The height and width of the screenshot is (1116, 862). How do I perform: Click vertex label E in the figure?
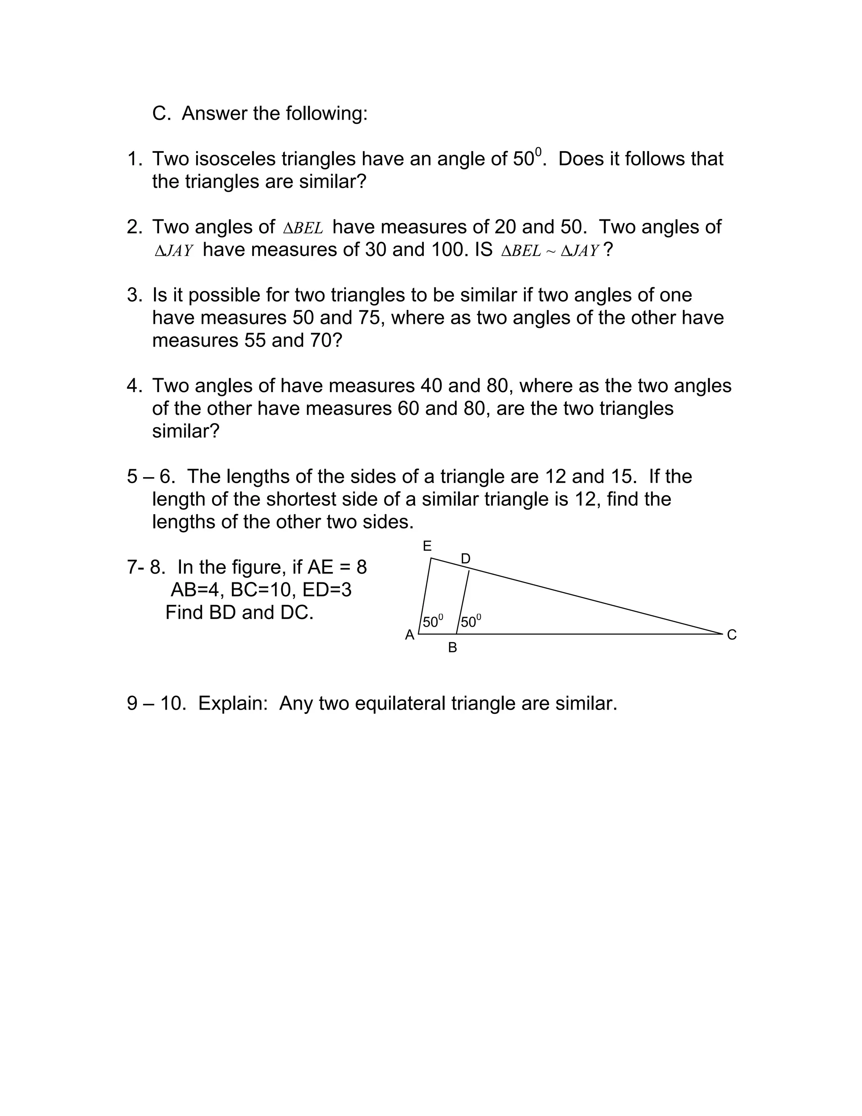click(x=427, y=546)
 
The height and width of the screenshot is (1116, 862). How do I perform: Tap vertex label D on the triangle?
click(x=465, y=558)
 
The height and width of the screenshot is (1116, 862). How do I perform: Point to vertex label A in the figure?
click(x=410, y=635)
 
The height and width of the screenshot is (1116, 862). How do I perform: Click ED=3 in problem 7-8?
click(x=327, y=590)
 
